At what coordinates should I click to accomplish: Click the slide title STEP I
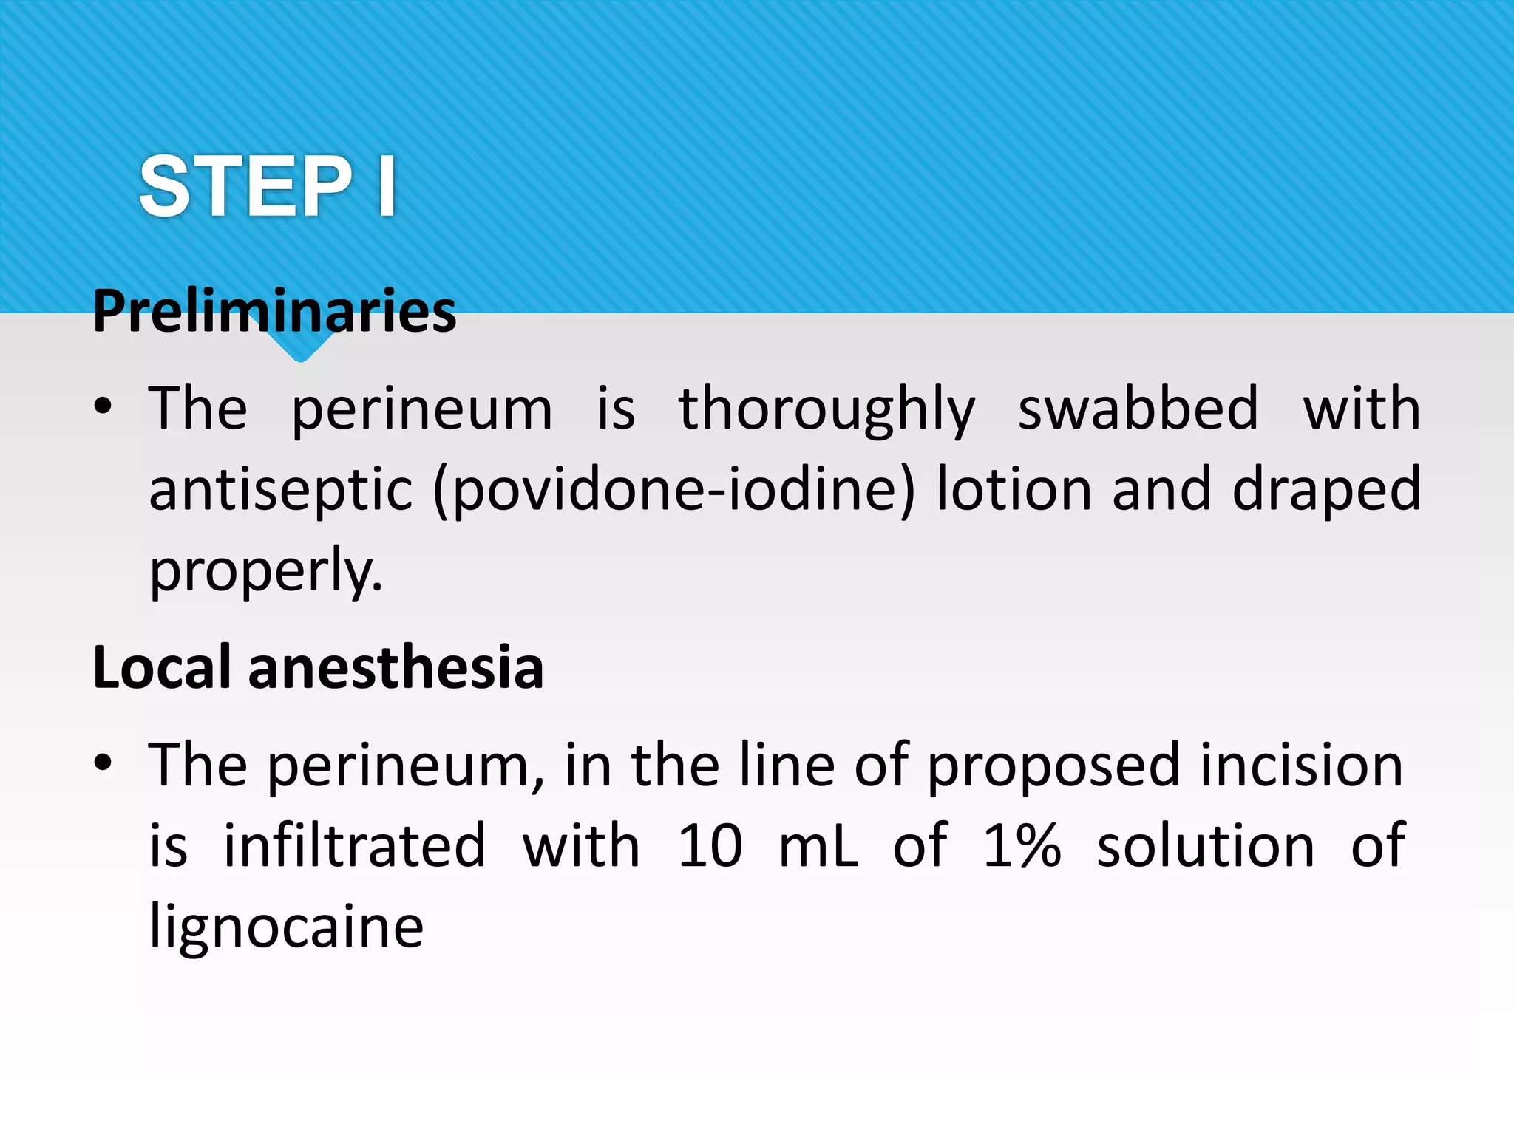coord(267,186)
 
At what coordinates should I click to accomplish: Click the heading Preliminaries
coord(274,311)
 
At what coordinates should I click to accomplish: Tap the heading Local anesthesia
coord(318,667)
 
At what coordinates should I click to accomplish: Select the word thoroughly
coord(826,410)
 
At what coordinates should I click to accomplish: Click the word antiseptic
coord(281,491)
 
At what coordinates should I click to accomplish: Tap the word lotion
coord(1014,489)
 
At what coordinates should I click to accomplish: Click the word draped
coord(1326,491)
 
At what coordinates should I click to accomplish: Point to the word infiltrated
coord(355,845)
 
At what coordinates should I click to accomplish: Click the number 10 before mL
coord(710,845)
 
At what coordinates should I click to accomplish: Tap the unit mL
coord(818,845)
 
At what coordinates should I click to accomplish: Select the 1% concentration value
coord(1022,845)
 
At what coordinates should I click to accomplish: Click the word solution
coord(1205,845)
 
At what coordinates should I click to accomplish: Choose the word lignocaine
coord(286,927)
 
